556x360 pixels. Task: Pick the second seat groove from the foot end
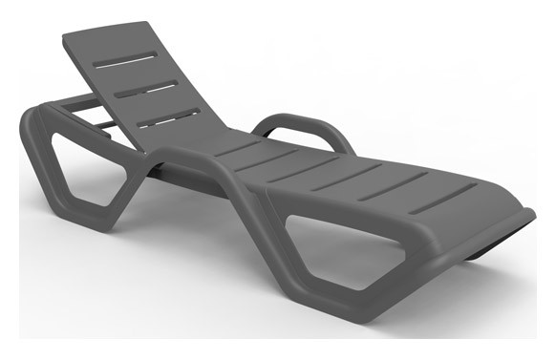394,186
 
